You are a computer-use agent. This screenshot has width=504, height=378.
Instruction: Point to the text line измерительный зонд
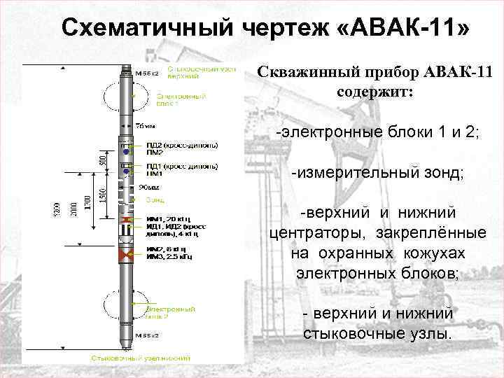click(378, 172)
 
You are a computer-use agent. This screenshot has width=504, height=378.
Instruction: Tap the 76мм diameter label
click(146, 125)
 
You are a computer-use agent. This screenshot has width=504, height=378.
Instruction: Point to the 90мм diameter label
click(148, 188)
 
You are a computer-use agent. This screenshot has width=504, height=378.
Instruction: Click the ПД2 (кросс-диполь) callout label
click(181, 145)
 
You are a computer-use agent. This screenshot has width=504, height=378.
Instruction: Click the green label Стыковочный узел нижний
click(141, 357)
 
